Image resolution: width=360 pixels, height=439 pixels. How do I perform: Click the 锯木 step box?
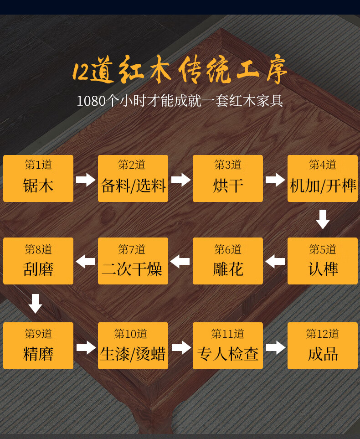point(38,178)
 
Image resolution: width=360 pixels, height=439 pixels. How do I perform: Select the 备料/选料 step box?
point(133,178)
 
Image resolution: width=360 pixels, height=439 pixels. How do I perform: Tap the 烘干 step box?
point(228,178)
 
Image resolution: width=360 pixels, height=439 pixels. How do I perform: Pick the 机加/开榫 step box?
point(323,178)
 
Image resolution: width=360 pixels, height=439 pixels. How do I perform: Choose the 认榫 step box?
point(323,261)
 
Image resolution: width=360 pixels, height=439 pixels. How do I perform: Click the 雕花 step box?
point(228,261)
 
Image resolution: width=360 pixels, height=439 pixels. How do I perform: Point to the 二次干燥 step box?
point(133,261)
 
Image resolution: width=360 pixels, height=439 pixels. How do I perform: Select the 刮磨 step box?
point(38,261)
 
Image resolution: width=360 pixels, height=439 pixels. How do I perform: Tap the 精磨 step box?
point(38,346)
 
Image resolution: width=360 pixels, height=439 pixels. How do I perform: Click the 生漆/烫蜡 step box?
point(133,346)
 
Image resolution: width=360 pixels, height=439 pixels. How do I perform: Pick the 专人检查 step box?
point(228,346)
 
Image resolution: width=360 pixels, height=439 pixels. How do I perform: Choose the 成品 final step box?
point(323,346)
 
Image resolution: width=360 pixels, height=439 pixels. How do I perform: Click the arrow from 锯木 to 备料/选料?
point(86,179)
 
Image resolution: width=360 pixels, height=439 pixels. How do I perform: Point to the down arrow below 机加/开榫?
point(323,219)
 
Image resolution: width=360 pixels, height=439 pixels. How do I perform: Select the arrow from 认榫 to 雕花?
point(275,262)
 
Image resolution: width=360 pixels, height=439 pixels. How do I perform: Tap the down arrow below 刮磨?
point(35,303)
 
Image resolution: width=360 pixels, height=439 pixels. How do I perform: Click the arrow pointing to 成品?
point(275,348)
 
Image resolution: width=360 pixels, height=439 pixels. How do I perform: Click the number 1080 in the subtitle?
point(91,101)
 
